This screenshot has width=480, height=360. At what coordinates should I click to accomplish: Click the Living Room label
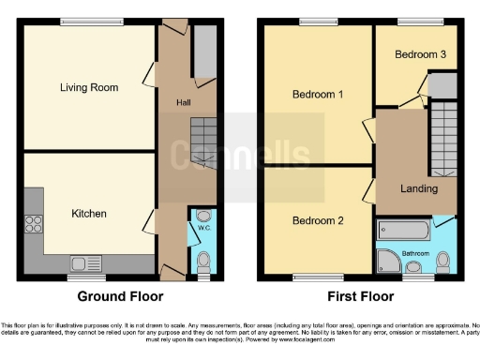click(88, 88)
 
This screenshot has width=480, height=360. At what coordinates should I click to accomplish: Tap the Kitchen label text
click(89, 214)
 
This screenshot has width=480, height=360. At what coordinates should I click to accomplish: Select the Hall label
click(184, 100)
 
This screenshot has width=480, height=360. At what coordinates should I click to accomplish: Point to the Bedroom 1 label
click(317, 95)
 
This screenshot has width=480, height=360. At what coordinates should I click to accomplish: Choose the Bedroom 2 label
click(318, 221)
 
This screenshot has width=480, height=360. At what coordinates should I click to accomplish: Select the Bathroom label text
click(415, 253)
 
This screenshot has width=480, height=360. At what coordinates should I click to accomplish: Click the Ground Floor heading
click(120, 296)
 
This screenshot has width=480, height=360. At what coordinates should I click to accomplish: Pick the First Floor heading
click(359, 296)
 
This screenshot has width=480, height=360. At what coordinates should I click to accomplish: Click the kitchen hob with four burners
click(34, 223)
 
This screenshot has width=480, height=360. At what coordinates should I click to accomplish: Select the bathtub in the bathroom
click(403, 229)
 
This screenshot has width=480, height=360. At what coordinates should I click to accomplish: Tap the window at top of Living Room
click(85, 22)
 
